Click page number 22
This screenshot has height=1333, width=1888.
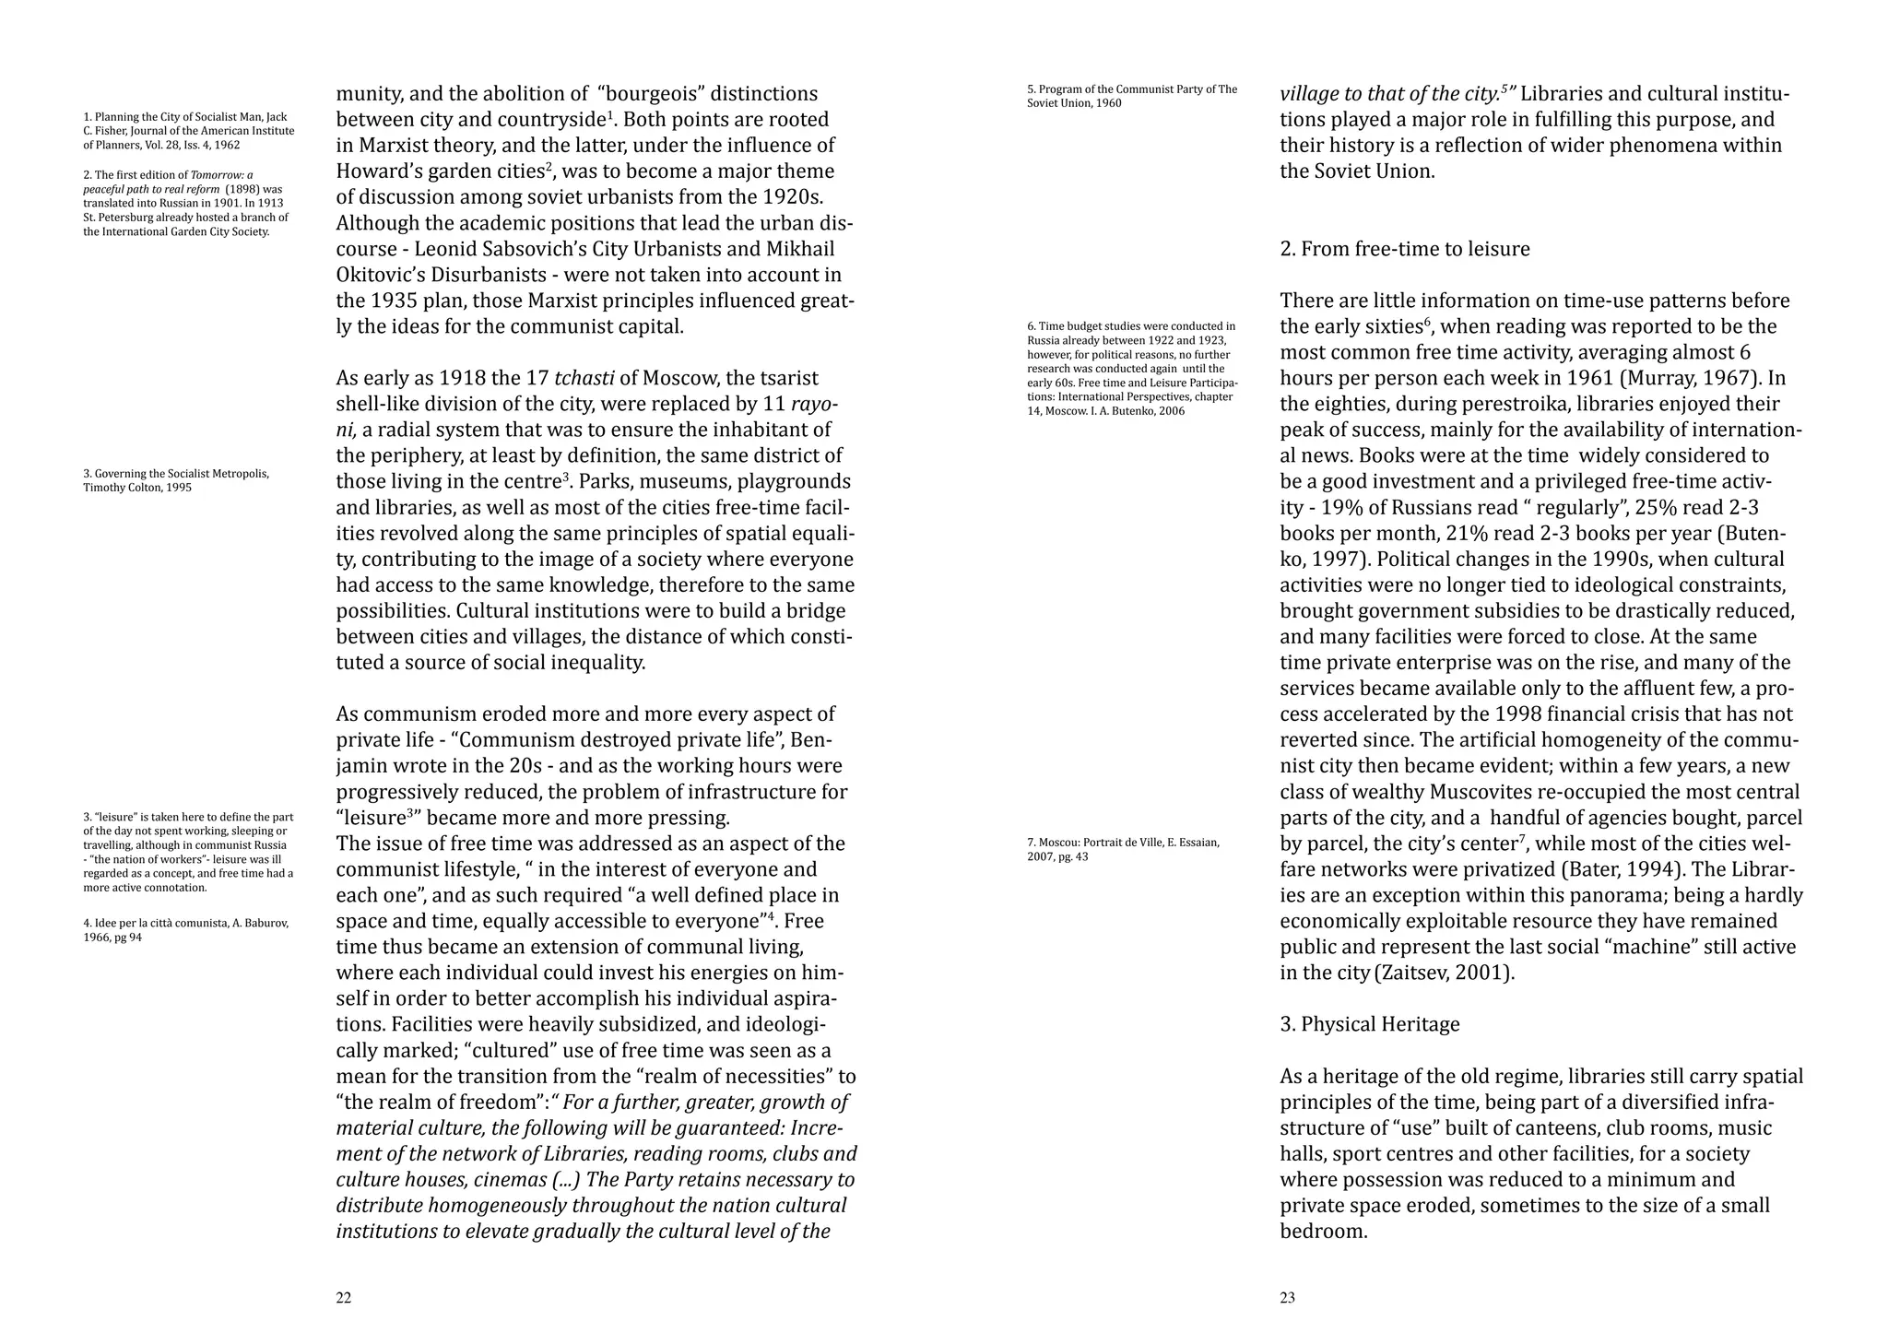coord(343,1298)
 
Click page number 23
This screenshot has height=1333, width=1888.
coord(1287,1298)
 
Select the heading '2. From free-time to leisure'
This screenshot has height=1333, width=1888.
coord(1404,249)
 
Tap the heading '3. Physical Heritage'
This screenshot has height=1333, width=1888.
coord(1369,1024)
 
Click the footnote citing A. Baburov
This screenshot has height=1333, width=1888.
coord(186,930)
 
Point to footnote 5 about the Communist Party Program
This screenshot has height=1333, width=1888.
coord(1131,96)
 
